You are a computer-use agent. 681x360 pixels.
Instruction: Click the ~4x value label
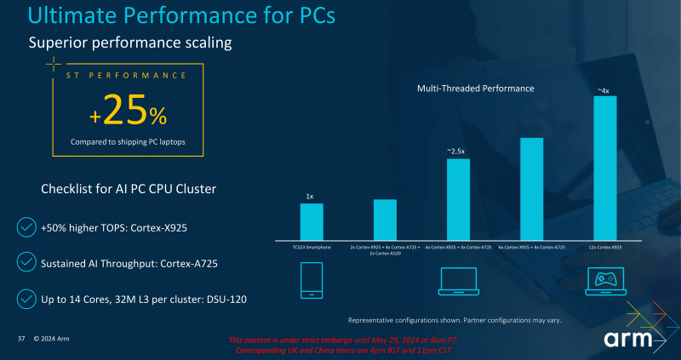coord(604,89)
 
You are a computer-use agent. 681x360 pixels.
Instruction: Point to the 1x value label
coord(312,197)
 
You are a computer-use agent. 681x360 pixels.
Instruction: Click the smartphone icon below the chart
coord(312,280)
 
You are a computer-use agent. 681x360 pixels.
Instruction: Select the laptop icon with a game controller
coord(604,282)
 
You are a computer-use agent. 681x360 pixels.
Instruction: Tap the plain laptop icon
coord(458,282)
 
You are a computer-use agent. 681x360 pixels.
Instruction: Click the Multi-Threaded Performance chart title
coord(475,89)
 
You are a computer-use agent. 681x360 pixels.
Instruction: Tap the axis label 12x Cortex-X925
coord(604,247)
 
